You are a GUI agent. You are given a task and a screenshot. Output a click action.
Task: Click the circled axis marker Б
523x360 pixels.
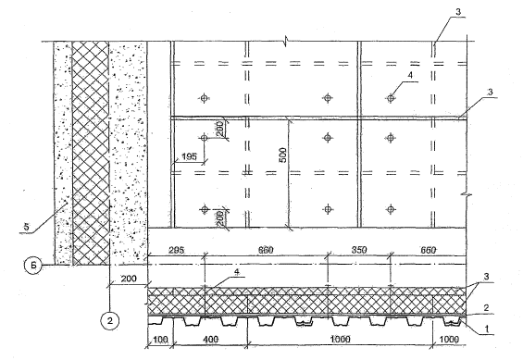[33, 266]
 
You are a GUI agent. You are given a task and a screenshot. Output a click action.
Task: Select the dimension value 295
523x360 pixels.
[176, 250]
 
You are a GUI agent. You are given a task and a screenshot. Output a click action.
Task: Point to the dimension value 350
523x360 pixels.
[358, 250]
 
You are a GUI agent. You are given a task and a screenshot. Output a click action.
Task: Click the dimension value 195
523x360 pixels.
[190, 156]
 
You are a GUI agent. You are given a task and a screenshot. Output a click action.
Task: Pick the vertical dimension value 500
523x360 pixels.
[282, 155]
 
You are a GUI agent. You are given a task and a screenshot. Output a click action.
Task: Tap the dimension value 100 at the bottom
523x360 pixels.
[160, 340]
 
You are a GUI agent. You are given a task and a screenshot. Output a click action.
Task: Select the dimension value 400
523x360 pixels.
[210, 340]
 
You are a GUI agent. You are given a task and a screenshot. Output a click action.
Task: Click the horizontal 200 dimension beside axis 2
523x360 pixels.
[129, 279]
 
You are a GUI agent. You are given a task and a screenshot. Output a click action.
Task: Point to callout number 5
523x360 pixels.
[26, 227]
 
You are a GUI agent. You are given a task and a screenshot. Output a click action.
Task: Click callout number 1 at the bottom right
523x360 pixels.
[487, 329]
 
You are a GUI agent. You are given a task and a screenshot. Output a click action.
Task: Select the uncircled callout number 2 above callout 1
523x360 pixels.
[486, 308]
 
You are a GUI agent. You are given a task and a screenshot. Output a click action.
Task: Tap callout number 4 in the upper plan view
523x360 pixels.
[410, 75]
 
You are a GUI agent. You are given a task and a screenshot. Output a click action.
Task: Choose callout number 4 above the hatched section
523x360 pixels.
[236, 272]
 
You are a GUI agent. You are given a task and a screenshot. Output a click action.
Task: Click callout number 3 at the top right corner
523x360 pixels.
[458, 12]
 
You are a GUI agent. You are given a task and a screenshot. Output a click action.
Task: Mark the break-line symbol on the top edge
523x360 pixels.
[286, 42]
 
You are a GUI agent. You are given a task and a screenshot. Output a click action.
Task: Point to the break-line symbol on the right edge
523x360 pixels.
[467, 194]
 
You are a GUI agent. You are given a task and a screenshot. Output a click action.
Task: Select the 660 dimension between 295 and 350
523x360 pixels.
[266, 250]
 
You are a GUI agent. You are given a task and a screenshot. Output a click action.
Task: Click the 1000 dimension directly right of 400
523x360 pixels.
[341, 340]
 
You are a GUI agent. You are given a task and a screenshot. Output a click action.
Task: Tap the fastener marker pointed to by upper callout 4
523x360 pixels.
[391, 98]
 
